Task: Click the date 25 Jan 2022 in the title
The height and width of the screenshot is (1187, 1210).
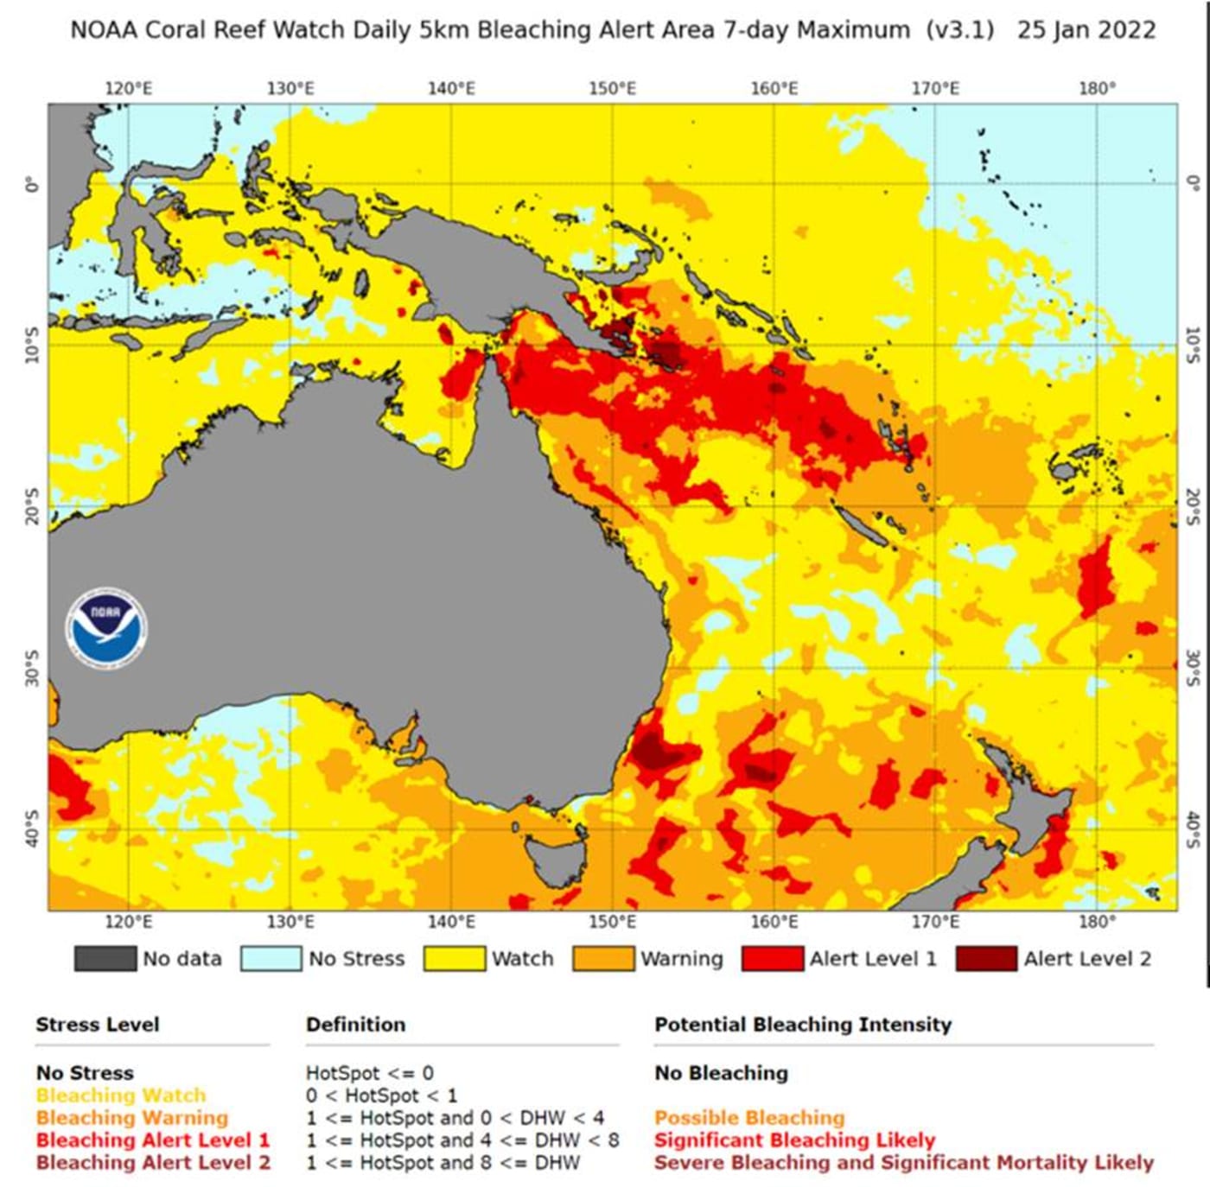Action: point(1086,30)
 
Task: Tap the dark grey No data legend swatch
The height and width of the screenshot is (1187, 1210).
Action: point(105,958)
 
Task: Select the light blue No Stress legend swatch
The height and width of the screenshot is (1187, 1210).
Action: point(271,958)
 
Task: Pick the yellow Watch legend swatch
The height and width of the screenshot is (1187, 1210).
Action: point(454,958)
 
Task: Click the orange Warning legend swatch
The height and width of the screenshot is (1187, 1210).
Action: point(602,958)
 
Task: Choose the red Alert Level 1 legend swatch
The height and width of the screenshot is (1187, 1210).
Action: point(772,958)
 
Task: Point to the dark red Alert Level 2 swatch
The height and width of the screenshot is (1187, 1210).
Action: point(985,958)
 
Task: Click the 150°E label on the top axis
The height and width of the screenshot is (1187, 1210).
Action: point(612,88)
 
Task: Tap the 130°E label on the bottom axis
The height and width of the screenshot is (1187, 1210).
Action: point(290,922)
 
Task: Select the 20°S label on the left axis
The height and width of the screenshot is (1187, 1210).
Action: point(32,506)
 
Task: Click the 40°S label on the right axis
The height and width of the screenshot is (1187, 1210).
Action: point(1192,829)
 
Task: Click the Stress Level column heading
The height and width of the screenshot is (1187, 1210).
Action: point(97,1025)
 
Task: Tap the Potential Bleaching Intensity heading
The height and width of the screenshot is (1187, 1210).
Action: point(802,1025)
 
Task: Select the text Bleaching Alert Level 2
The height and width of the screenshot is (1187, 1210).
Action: point(153,1163)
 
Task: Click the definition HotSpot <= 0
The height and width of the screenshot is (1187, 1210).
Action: point(369,1073)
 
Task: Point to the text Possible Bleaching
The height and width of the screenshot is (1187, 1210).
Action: point(748,1118)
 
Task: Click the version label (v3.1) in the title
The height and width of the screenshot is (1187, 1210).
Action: point(959,30)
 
